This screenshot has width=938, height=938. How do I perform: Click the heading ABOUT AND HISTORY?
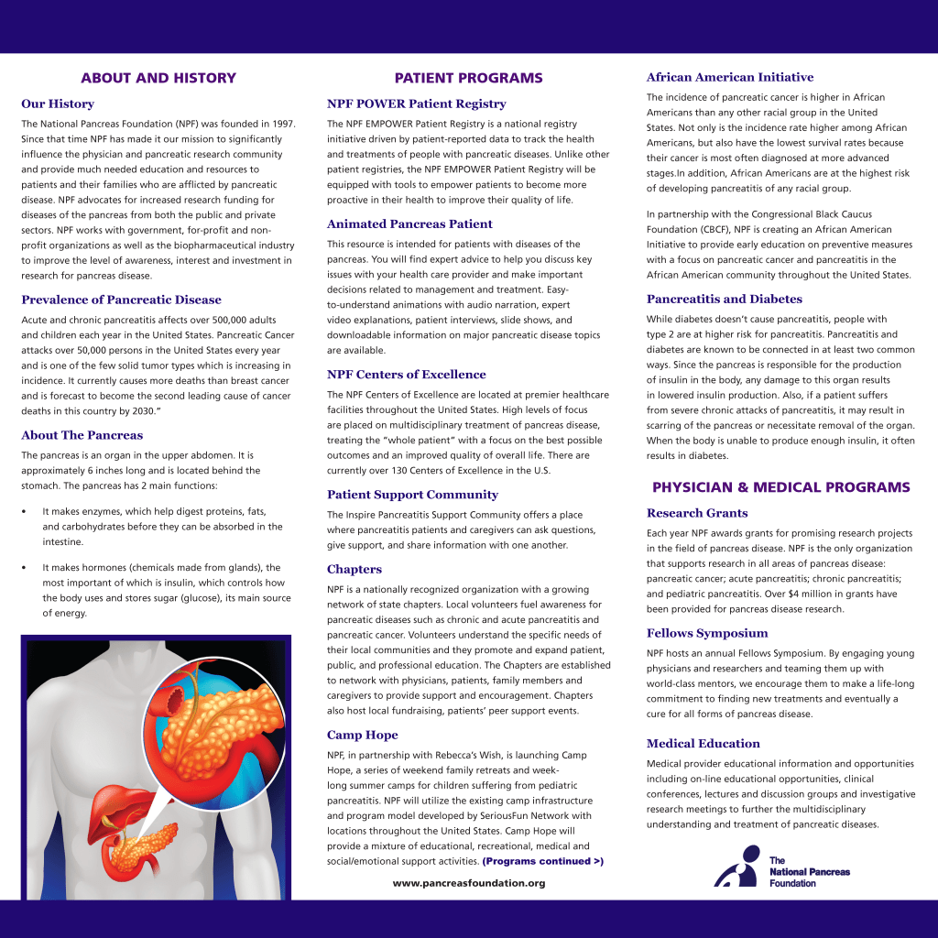tap(158, 78)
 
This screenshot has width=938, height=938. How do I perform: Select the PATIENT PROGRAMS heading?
tap(468, 78)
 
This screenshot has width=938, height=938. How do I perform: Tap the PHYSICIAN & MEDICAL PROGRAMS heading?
tap(780, 487)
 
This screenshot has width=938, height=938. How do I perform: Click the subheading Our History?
tap(58, 104)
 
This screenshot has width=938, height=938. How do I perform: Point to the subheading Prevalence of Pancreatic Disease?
tap(121, 300)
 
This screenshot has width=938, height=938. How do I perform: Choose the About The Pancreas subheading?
tap(82, 435)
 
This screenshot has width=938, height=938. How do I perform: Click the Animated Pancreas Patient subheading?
tap(409, 224)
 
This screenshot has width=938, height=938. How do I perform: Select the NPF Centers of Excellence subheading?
tap(406, 374)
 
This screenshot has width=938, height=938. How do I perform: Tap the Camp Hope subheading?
tap(362, 735)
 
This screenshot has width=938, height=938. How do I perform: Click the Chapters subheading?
tap(354, 569)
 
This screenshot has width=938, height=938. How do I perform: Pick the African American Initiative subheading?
tap(729, 77)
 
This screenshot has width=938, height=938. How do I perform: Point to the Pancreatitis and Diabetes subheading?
tap(724, 299)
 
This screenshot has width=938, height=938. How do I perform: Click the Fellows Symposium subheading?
tap(707, 633)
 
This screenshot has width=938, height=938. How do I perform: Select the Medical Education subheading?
tap(703, 743)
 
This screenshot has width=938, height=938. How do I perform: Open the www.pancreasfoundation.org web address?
tap(468, 883)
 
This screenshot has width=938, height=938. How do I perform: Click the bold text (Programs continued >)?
tap(543, 861)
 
